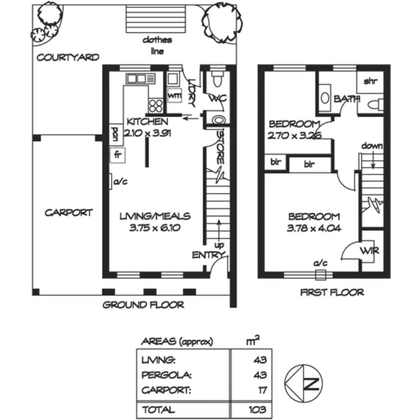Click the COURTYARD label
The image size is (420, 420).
[x=68, y=57]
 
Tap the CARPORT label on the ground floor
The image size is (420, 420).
[x=68, y=213]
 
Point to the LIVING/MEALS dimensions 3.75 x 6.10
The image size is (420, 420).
[x=155, y=228]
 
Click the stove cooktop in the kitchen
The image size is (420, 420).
[x=155, y=105]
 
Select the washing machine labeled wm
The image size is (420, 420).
[x=175, y=96]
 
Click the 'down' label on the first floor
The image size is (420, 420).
[x=371, y=146]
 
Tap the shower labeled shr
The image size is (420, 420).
[x=370, y=82]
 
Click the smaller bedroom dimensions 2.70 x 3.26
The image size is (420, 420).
[x=294, y=135]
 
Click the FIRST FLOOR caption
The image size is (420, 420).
[x=332, y=292]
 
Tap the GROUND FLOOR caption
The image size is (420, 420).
[x=143, y=305]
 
